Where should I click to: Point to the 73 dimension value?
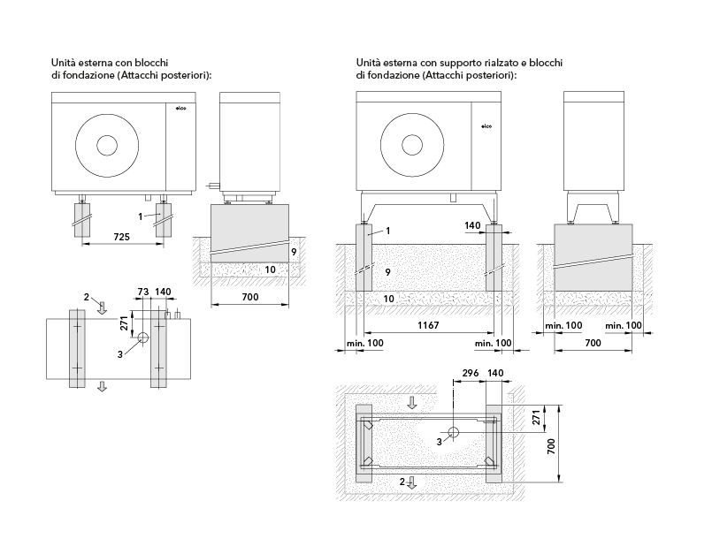[x=142, y=291]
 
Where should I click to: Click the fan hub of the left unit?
[x=109, y=146]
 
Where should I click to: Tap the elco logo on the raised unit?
[x=486, y=127]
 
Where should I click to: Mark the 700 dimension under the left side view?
[x=249, y=297]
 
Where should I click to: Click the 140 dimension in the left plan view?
[x=162, y=291]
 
